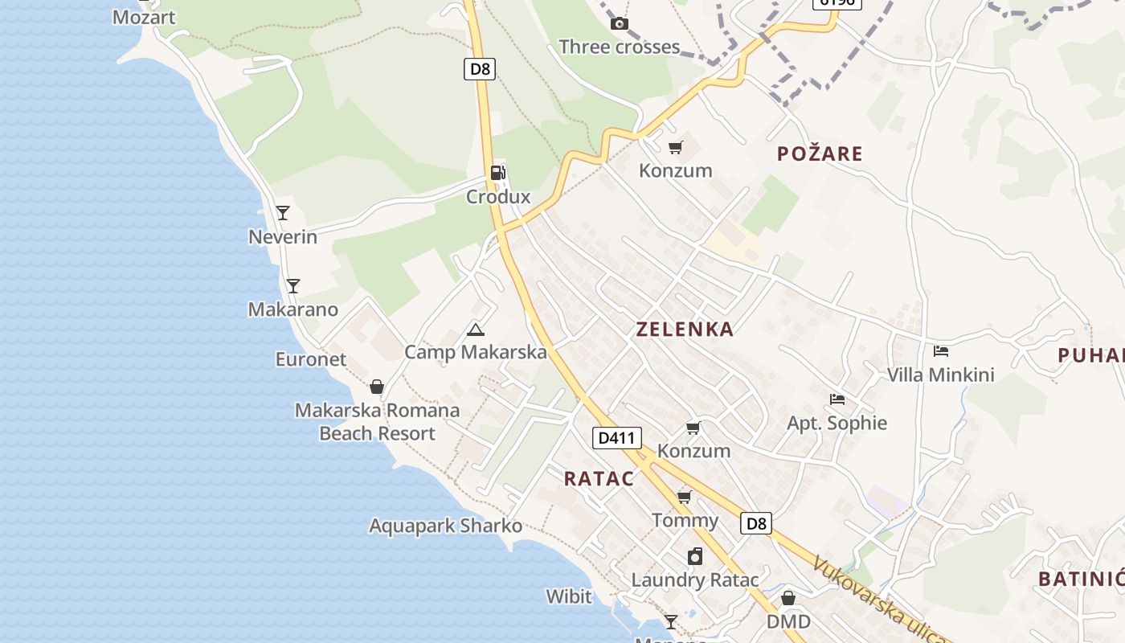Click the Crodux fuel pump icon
pos(497,172)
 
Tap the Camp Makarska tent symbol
pos(476,330)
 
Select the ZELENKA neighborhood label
pos(685,329)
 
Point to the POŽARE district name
pos(820,154)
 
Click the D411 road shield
pos(617,438)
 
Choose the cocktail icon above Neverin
pos(283,213)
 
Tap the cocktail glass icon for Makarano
pos(293,285)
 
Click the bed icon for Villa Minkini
pos(941,351)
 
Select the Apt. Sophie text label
pos(837,423)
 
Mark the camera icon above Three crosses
pos(619,23)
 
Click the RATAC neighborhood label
pos(599,479)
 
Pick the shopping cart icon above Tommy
pos(685,497)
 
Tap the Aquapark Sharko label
pos(445,526)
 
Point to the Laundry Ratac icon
pos(695,556)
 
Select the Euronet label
pos(310,359)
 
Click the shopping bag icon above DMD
pos(788,598)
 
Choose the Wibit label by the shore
pos(569,596)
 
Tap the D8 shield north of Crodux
pos(480,68)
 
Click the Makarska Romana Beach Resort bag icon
pos(377,387)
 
